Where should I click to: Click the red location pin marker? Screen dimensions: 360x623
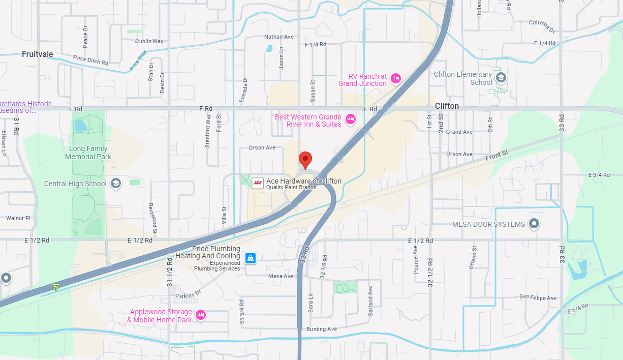(305, 159)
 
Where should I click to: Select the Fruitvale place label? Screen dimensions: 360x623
(37, 54)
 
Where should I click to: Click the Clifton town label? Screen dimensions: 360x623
(447, 106)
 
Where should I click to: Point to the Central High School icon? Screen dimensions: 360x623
(116, 184)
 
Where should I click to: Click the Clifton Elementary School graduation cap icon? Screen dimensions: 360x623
(501, 77)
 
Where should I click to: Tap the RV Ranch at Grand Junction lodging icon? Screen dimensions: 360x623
(395, 79)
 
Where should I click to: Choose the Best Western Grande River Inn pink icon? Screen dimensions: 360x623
(350, 119)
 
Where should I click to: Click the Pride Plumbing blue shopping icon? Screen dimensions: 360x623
(250, 258)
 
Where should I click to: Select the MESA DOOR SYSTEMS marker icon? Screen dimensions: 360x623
(534, 223)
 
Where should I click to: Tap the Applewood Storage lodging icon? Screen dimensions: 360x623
(201, 315)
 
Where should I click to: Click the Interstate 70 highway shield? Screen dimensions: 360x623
(55, 287)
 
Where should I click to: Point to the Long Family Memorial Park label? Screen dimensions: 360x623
(88, 153)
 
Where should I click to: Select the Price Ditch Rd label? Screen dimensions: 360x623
(91, 61)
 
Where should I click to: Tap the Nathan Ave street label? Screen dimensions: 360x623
(279, 37)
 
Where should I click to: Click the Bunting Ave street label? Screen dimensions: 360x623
(321, 329)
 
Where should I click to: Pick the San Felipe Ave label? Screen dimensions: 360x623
(538, 297)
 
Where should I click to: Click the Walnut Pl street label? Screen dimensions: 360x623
(18, 218)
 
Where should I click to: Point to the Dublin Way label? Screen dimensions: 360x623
(149, 41)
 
